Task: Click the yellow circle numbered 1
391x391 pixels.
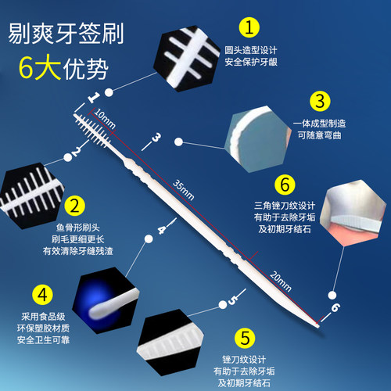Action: tap(248, 29)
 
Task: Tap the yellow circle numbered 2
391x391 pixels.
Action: tap(73, 206)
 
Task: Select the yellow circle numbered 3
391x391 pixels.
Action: tap(318, 102)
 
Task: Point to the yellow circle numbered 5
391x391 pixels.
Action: tap(245, 338)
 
